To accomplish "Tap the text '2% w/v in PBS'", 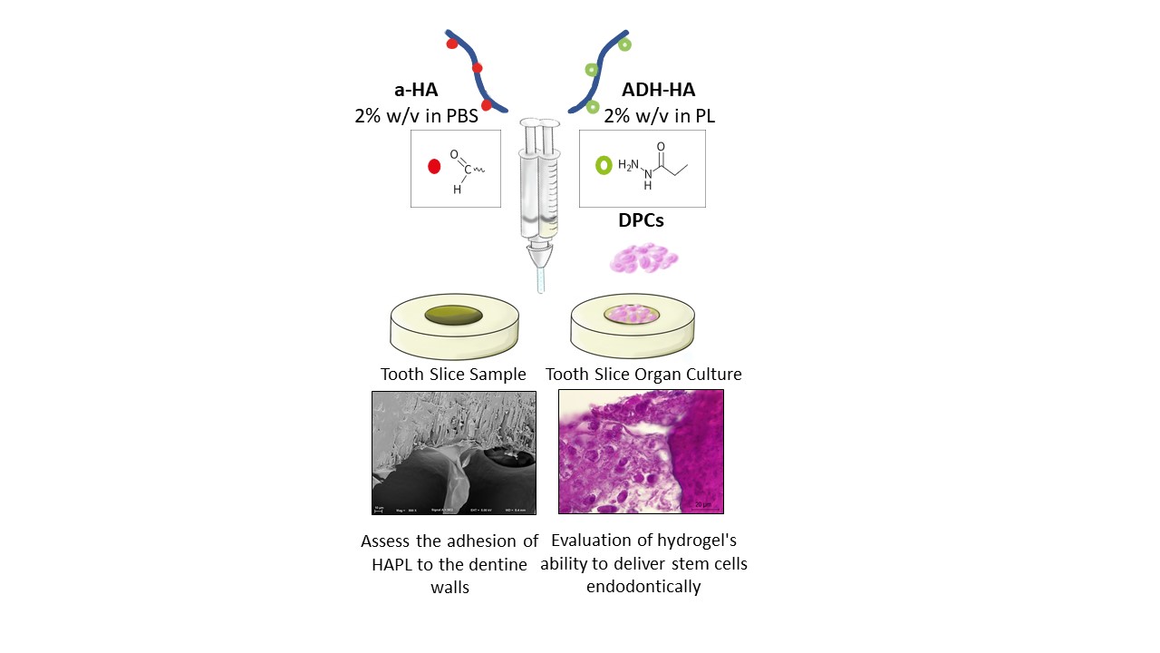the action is pyautogui.click(x=416, y=116).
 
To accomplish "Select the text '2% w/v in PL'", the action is pyautogui.click(x=659, y=116).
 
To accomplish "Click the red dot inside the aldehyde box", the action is pyautogui.click(x=433, y=167).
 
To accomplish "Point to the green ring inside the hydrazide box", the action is pyautogui.click(x=603, y=166).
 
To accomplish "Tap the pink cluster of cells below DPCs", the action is pyautogui.click(x=643, y=258).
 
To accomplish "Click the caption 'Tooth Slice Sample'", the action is pyautogui.click(x=453, y=375).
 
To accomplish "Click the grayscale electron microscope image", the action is pyautogui.click(x=454, y=452).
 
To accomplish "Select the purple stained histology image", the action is pyautogui.click(x=641, y=451).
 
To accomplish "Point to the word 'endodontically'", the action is pyautogui.click(x=643, y=587).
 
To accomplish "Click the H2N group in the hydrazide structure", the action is pyautogui.click(x=630, y=165).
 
